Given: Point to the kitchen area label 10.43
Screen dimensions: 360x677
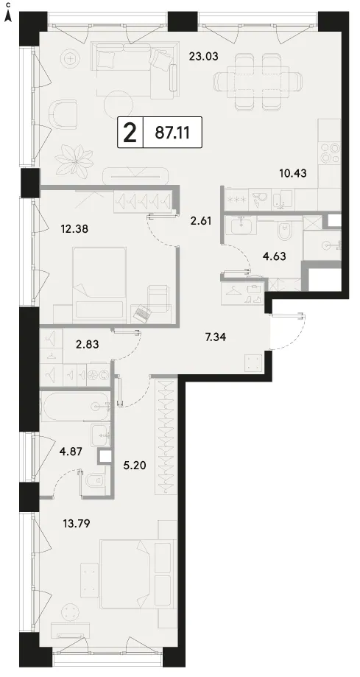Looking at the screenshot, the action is (292, 174).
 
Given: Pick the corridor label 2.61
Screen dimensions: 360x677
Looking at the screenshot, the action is (201, 222).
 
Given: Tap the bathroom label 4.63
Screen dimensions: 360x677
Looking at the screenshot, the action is (275, 256).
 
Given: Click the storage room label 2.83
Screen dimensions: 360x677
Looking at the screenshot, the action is (86, 344).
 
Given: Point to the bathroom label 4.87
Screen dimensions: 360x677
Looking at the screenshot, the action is (71, 452).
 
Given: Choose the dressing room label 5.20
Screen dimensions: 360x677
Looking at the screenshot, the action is (135, 466).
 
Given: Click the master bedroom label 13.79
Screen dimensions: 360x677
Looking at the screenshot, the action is (77, 525).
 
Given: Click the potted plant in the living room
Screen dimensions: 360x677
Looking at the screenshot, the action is (74, 158).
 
